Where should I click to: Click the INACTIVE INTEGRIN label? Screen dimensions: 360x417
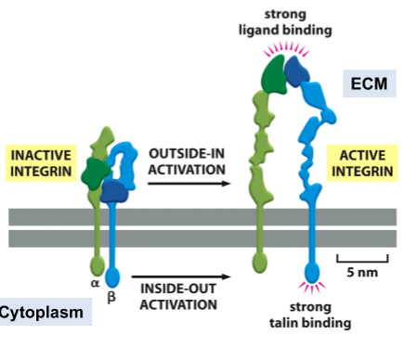pos(40,162)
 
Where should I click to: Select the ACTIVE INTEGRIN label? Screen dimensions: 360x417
pos(364,162)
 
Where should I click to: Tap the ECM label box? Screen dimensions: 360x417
pos(371,84)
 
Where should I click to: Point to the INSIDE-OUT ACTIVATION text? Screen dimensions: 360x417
pos(180,296)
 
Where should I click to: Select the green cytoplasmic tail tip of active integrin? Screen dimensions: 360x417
pos(260,263)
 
